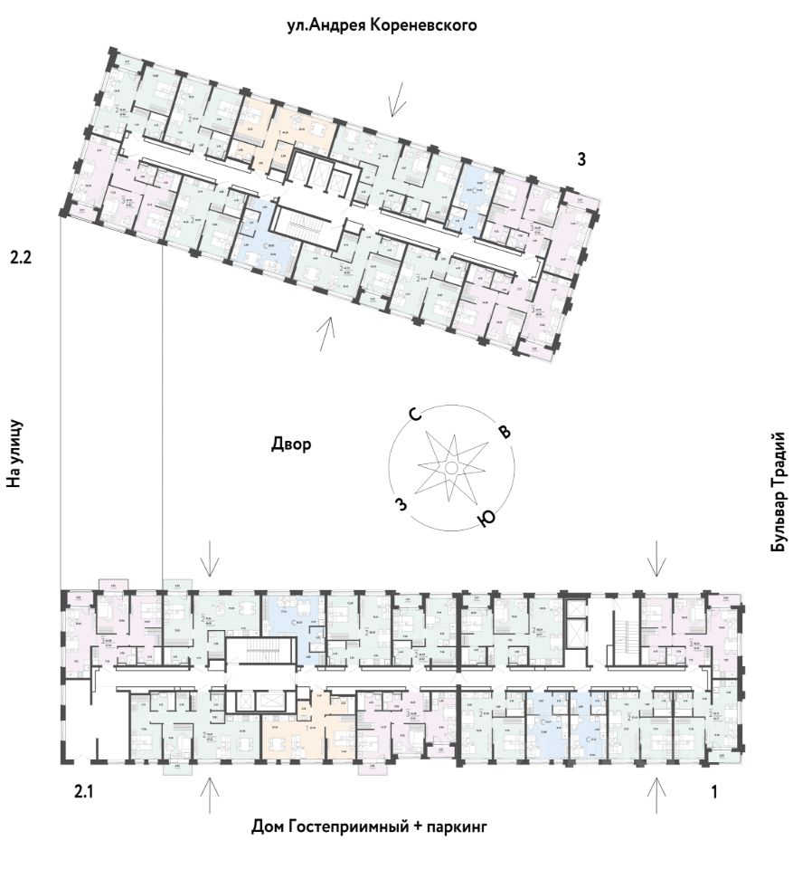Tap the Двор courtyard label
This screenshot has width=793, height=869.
coord(291,444)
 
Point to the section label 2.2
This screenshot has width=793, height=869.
coord(21,258)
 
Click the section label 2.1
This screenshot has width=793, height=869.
coord(84,793)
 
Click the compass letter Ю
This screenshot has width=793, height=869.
coord(486,518)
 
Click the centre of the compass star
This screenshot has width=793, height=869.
coord(449,467)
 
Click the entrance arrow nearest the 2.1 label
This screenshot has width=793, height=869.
coord(209,795)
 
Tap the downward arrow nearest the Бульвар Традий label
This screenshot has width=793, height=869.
coord(656,559)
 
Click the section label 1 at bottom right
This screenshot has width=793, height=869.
coord(714,793)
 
